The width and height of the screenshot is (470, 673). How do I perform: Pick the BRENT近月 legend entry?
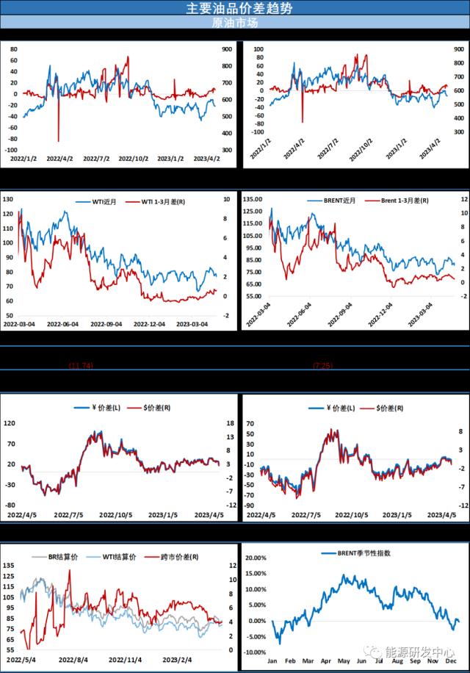tap(326, 201)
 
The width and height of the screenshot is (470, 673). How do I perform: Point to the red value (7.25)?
tap(323, 365)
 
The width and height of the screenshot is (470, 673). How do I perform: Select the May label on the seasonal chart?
tap(344, 662)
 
